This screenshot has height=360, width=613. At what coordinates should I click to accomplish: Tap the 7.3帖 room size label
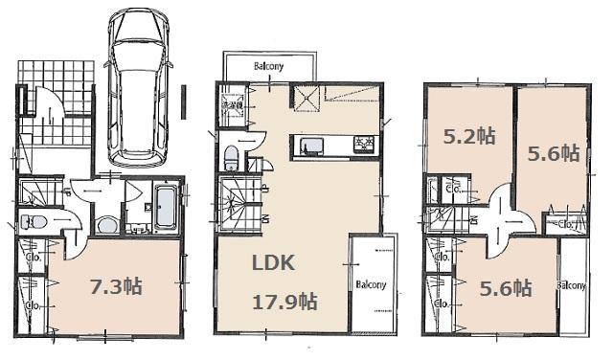pyautogui.click(x=116, y=286)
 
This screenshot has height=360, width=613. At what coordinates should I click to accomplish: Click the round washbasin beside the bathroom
pyautogui.click(x=106, y=226)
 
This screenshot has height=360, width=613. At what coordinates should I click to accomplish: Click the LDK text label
pyautogui.click(x=273, y=263)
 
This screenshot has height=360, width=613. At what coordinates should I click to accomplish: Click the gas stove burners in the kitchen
pyautogui.click(x=366, y=146)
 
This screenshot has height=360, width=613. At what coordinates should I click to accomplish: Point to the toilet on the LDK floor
pyautogui.click(x=233, y=159)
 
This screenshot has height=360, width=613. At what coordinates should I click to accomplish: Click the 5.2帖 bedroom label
pyautogui.click(x=469, y=136)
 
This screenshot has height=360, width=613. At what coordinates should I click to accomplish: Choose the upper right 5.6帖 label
pyautogui.click(x=555, y=151)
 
